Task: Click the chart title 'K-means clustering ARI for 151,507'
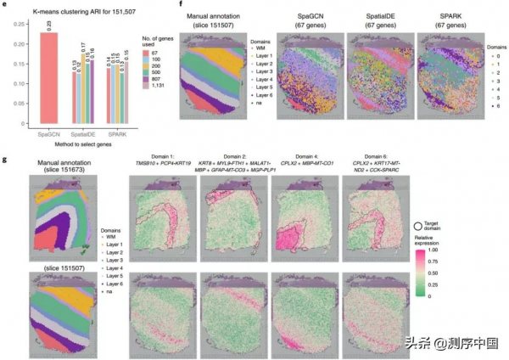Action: [x=77, y=9]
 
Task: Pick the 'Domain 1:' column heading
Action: [x=160, y=157]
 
